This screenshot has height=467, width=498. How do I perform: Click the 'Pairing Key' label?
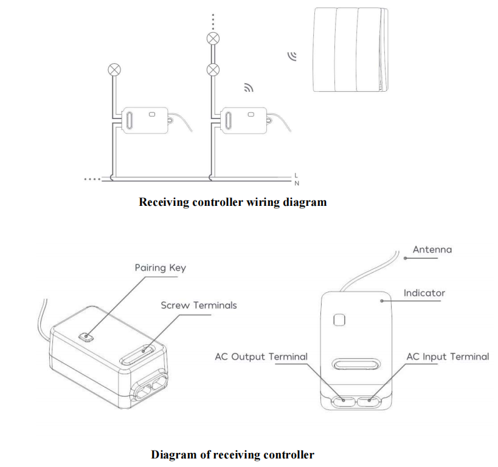click(161, 268)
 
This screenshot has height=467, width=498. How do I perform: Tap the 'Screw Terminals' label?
click(199, 305)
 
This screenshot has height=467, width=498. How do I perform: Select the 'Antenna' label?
click(432, 250)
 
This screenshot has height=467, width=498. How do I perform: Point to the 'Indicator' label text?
click(424, 293)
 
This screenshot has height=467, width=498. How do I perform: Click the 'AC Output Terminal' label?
click(261, 356)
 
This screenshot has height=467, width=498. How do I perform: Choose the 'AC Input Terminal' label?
click(448, 356)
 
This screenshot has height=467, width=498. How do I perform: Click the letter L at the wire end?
click(296, 176)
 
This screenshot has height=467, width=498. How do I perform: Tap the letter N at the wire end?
click(297, 183)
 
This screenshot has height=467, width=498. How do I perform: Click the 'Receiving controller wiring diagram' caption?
click(233, 202)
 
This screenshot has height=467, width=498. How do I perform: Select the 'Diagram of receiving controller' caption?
click(232, 454)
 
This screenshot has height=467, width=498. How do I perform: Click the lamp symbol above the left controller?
click(114, 69)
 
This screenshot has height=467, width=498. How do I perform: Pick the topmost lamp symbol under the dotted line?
click(213, 39)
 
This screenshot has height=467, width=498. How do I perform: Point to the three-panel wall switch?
click(351, 50)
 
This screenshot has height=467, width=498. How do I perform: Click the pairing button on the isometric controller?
click(86, 336)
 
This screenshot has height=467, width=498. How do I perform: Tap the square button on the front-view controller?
click(339, 320)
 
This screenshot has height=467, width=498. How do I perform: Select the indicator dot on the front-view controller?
click(382, 301)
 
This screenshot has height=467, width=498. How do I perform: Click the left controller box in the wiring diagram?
click(145, 120)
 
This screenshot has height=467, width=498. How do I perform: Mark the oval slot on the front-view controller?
click(356, 364)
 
